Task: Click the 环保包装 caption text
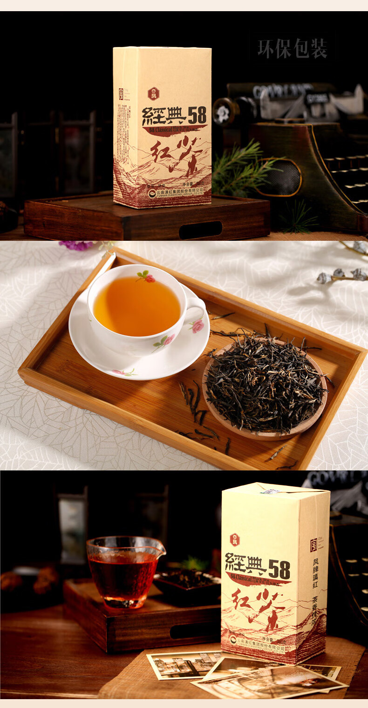pos(292,48)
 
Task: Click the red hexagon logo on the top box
pos(153,94)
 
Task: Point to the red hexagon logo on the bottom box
pos(234,540)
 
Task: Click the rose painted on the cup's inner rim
pos(148,278)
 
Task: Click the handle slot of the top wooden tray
pos(200,230)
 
